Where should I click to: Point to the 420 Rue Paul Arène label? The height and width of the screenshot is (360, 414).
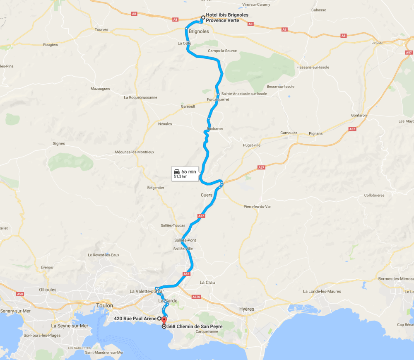[x=135, y=319]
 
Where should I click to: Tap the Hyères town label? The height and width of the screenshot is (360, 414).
[x=247, y=309]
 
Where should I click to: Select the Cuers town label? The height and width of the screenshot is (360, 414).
[x=206, y=195]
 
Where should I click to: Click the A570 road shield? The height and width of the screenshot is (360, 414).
[x=196, y=297]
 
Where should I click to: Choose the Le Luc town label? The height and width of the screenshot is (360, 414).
[x=377, y=43]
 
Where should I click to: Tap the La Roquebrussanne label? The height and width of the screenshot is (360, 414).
[x=140, y=98]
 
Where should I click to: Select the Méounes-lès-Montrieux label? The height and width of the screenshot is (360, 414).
[x=135, y=152]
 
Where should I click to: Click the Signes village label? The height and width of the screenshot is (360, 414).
[x=59, y=144]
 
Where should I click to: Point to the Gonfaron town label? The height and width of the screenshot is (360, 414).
[x=359, y=115]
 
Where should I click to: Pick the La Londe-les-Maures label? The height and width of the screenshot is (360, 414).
[x=322, y=291]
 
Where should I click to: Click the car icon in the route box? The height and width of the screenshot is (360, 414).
[x=177, y=172]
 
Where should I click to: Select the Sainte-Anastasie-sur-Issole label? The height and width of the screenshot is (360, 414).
[x=244, y=94]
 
